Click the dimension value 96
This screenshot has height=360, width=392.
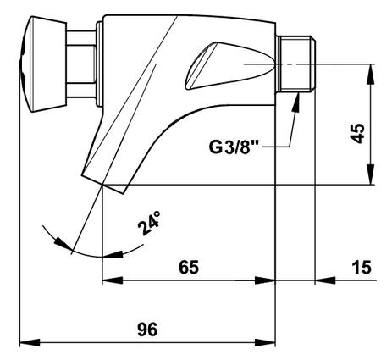pyautogui.click(x=147, y=330)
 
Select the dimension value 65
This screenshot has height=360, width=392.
pyautogui.click(x=189, y=267)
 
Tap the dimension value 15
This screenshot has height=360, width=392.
pyautogui.click(x=362, y=267)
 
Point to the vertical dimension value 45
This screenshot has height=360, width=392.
pyautogui.click(x=357, y=133)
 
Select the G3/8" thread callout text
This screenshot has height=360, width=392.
pyautogui.click(x=230, y=147)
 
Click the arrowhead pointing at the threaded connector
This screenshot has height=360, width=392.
pyautogui.click(x=296, y=103)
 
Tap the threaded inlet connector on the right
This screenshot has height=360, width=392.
pyautogui.click(x=295, y=64)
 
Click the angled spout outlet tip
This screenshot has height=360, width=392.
pyautogui.click(x=103, y=184)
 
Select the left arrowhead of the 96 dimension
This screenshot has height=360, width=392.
pyautogui.click(x=30, y=343)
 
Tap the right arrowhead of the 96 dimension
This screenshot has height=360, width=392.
pyautogui.click(x=265, y=343)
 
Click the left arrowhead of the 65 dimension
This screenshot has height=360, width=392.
pyautogui.click(x=113, y=280)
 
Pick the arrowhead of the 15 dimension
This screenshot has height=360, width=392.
pyautogui.click(x=325, y=280)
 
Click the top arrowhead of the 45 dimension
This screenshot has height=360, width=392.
pyautogui.click(x=370, y=74)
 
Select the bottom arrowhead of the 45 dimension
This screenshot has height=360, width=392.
pyautogui.click(x=370, y=174)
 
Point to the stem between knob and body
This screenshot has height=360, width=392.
pyautogui.click(x=81, y=64)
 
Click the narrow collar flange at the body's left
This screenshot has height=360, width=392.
pyautogui.click(x=99, y=64)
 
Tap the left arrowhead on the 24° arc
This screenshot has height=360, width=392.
pyautogui.click(x=63, y=244)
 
